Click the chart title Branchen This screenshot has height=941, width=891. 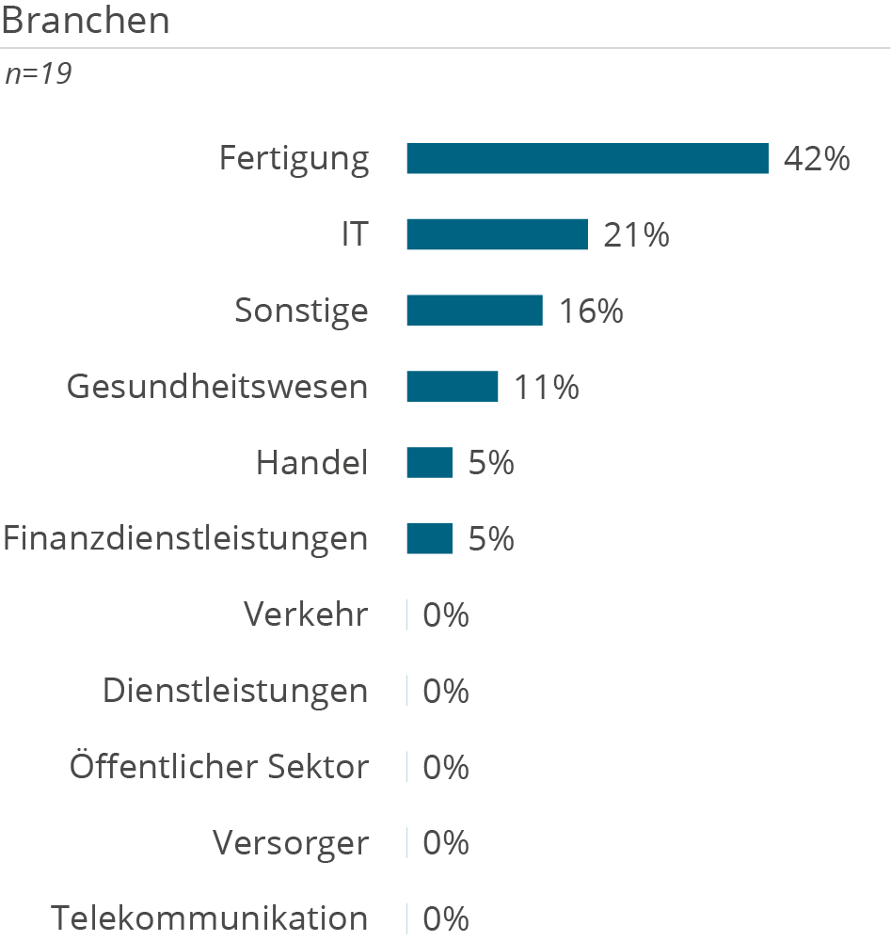click(86, 21)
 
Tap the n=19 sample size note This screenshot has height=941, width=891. click(39, 74)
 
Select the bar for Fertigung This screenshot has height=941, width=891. click(587, 159)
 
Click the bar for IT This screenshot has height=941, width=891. click(497, 234)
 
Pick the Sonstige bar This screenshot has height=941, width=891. click(474, 311)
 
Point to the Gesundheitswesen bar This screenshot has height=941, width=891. click(452, 387)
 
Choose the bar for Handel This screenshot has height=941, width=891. click(429, 463)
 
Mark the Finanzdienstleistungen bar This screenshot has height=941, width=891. click(429, 539)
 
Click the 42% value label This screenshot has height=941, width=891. click(817, 159)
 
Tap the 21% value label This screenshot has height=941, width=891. click(636, 234)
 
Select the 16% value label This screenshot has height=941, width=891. click(591, 311)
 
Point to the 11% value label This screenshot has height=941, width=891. click(546, 387)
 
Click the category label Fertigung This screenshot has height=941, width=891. click(294, 159)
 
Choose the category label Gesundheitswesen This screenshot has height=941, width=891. click(217, 387)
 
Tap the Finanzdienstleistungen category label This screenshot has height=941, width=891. click(185, 539)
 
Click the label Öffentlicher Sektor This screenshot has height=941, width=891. click(218, 767)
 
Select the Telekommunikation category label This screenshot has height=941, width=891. click(210, 918)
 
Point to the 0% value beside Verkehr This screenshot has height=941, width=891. click(446, 615)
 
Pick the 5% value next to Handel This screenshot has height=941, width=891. click(491, 463)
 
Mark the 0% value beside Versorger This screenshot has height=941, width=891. click(446, 843)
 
